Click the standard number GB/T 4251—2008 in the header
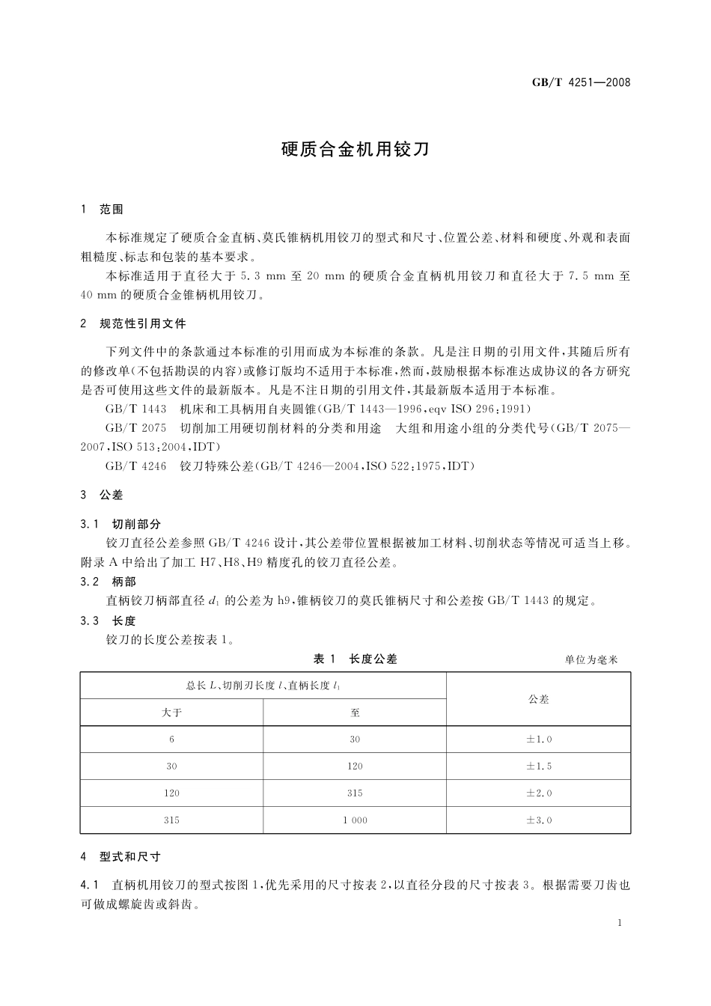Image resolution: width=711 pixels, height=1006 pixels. click(581, 82)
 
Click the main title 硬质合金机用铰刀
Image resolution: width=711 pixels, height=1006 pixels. click(355, 149)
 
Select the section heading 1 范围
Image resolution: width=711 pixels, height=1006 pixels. click(102, 210)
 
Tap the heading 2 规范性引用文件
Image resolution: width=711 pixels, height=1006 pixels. click(133, 324)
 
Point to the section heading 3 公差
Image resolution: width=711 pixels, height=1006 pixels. click(102, 495)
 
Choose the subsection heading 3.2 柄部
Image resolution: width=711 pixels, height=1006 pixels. click(109, 582)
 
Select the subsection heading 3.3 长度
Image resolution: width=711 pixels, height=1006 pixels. click(109, 621)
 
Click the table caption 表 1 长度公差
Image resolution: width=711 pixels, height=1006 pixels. click(355, 659)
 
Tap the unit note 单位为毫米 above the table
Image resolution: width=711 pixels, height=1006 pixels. click(591, 660)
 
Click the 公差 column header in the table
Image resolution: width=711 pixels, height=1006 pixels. click(538, 699)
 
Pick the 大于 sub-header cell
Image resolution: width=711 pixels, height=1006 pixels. click(171, 713)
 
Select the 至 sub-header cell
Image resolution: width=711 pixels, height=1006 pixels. click(355, 713)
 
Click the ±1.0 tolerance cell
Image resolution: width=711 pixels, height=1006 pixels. click(538, 740)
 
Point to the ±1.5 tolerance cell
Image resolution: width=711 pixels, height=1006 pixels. click(538, 766)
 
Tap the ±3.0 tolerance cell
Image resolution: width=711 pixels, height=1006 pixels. click(538, 820)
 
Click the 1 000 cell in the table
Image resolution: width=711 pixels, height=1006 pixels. click(355, 820)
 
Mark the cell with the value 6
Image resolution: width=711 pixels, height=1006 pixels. click(171, 740)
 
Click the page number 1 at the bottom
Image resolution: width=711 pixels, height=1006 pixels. click(620, 924)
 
